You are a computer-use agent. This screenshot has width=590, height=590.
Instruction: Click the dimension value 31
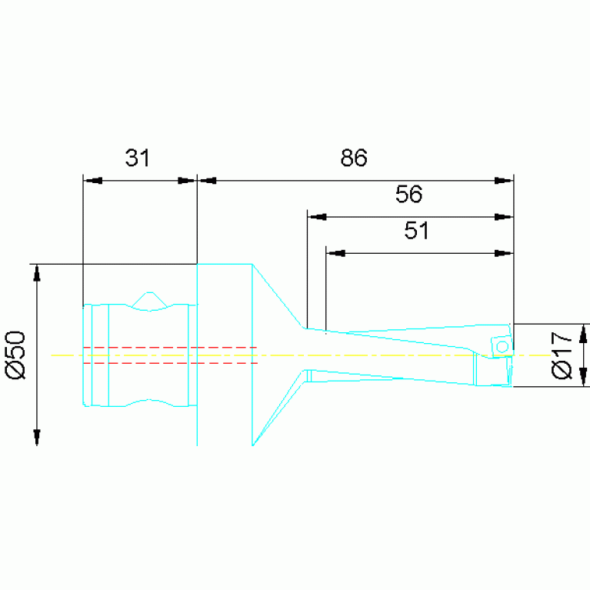pos(138,158)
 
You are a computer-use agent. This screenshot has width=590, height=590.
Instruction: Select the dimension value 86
pos(354,158)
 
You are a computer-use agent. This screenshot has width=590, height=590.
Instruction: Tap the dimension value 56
pos(408,194)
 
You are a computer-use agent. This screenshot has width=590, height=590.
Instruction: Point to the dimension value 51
pos(416,230)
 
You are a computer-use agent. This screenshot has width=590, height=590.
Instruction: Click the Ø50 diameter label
pos(15,355)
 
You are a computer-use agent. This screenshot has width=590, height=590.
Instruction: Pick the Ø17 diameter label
pos(562,355)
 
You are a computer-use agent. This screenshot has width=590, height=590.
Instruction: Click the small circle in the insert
pos(502,347)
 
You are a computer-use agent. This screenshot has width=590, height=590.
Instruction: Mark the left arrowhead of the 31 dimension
pos(92,181)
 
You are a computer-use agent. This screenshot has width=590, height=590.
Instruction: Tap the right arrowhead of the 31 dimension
pos(187,181)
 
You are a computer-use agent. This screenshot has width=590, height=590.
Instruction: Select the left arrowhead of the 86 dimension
pos(208,181)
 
